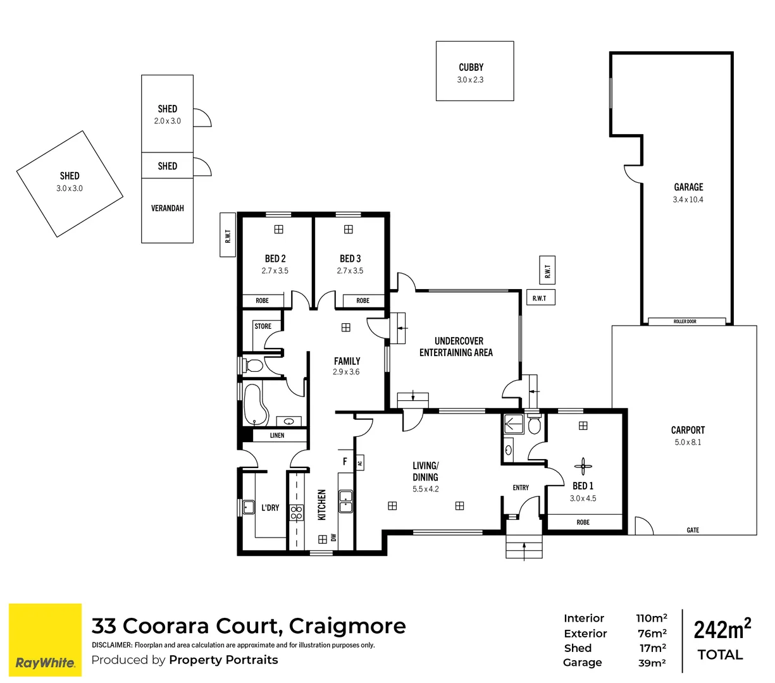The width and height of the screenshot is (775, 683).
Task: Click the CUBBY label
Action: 471,67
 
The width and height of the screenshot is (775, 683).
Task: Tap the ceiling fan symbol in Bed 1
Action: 583,467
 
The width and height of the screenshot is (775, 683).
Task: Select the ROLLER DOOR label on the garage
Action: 685,322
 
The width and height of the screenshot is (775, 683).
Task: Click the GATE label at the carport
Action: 693,530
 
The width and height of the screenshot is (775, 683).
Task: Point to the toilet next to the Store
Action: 254,366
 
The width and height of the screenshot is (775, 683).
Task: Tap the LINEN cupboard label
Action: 277,435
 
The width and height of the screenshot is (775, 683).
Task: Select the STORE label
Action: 263,326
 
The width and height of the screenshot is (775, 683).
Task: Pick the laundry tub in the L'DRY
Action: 247,507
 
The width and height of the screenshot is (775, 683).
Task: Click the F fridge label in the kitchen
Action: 345,462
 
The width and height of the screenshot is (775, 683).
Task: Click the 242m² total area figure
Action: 722,630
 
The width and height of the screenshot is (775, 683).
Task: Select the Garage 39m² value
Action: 651,663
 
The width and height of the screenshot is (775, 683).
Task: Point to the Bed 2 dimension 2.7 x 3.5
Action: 275,271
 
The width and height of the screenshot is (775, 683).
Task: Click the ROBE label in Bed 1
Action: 583,522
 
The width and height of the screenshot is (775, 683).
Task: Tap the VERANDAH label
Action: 167,208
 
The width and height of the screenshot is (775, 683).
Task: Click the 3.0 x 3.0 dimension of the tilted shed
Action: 70,188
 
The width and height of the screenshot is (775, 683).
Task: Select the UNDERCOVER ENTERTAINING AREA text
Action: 456,347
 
